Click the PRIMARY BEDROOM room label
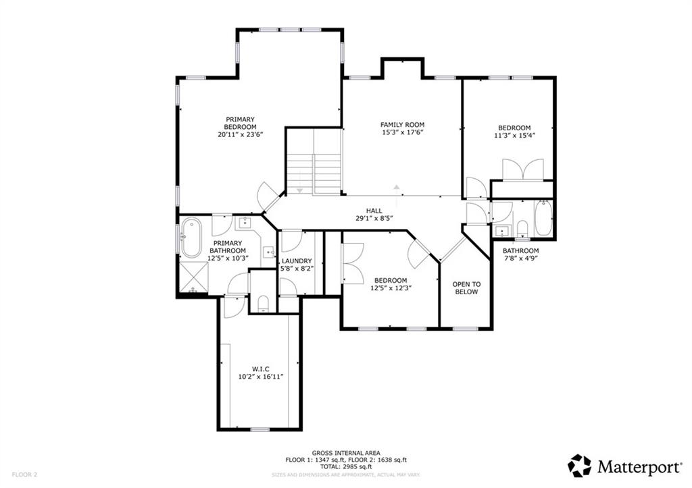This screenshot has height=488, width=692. (240, 123)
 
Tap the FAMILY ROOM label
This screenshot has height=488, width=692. (403, 125)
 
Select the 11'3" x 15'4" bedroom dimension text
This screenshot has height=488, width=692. (514, 136)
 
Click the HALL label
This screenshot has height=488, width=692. (374, 211)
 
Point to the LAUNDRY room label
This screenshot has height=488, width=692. (297, 261)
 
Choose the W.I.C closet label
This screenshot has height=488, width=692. (260, 369)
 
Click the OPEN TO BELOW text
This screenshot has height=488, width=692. (466, 288)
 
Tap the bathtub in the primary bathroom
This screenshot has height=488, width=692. (191, 238)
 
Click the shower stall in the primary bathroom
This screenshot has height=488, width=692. (193, 277)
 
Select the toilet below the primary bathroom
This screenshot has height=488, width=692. (263, 304)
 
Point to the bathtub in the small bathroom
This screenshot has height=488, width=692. (543, 218)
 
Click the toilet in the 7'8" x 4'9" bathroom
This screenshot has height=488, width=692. (522, 228)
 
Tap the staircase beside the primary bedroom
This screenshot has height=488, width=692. (314, 161)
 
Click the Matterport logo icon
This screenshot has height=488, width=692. (579, 466)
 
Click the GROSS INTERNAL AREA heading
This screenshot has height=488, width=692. (346, 453)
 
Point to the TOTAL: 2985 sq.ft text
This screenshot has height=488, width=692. (346, 466)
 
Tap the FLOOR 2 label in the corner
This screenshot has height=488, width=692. (24, 475)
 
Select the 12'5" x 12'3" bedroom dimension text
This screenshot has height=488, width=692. (391, 288)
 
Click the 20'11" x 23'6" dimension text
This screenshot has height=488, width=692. (240, 134)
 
